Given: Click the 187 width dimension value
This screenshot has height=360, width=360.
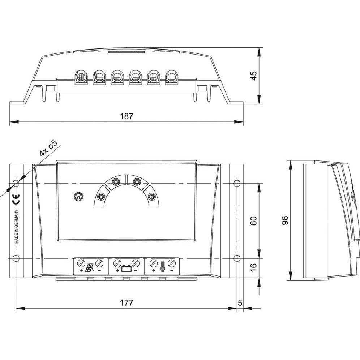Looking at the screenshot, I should click(127, 116).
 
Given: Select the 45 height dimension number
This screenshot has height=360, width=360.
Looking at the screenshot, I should click(253, 76).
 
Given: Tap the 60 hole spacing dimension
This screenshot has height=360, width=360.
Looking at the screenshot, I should click(253, 221).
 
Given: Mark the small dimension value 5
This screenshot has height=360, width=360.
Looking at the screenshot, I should click(240, 303).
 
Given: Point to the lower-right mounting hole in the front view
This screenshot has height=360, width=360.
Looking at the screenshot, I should click(236, 258).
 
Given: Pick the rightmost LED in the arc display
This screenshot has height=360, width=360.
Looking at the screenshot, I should click(152, 197).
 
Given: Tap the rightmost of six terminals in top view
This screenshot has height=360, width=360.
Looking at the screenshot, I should click(171, 77).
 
